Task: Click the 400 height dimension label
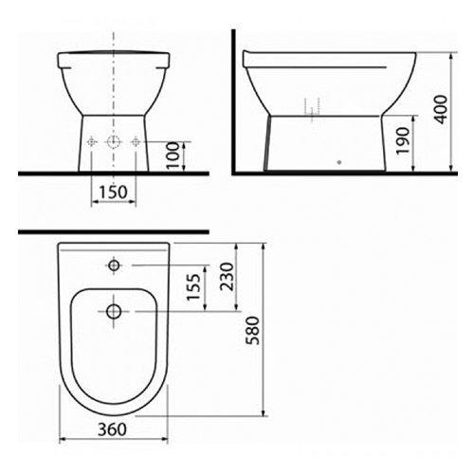point(441,109)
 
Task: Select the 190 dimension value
point(403,141)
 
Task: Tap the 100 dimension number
point(173,155)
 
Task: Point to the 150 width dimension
point(113,191)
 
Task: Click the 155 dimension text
point(193,287)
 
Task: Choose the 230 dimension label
point(227,277)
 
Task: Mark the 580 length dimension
point(253,331)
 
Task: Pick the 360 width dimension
point(112,429)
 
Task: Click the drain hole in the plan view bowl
point(114,312)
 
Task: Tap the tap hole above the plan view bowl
point(114,265)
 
